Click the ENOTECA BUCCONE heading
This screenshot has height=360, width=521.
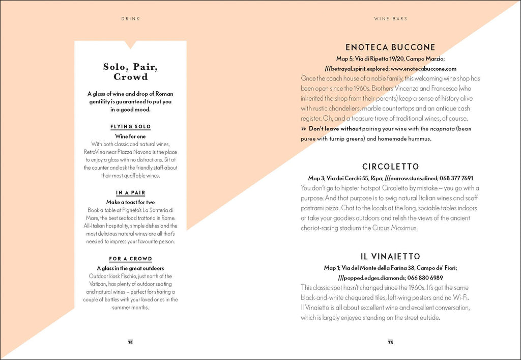pyautogui.click(x=390, y=47)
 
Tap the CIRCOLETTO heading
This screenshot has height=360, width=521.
pyautogui.click(x=390, y=167)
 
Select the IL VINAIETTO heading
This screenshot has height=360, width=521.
pyautogui.click(x=390, y=256)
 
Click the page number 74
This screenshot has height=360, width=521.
pyautogui.click(x=130, y=342)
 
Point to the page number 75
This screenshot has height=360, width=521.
pyautogui.click(x=390, y=342)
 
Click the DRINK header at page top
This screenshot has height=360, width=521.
pyautogui.click(x=130, y=19)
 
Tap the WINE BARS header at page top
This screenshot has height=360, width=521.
pyautogui.click(x=390, y=19)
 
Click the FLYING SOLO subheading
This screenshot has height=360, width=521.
pyautogui.click(x=130, y=127)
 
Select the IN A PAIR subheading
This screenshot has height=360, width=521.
pyautogui.click(x=130, y=193)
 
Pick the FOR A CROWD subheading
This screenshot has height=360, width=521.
pyautogui.click(x=130, y=259)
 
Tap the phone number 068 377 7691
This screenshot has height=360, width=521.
pyautogui.click(x=454, y=178)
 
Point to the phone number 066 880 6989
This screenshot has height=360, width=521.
pyautogui.click(x=425, y=278)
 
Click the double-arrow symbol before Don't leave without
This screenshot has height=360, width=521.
pyautogui.click(x=303, y=129)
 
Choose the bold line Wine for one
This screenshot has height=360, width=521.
pyautogui.click(x=130, y=136)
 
